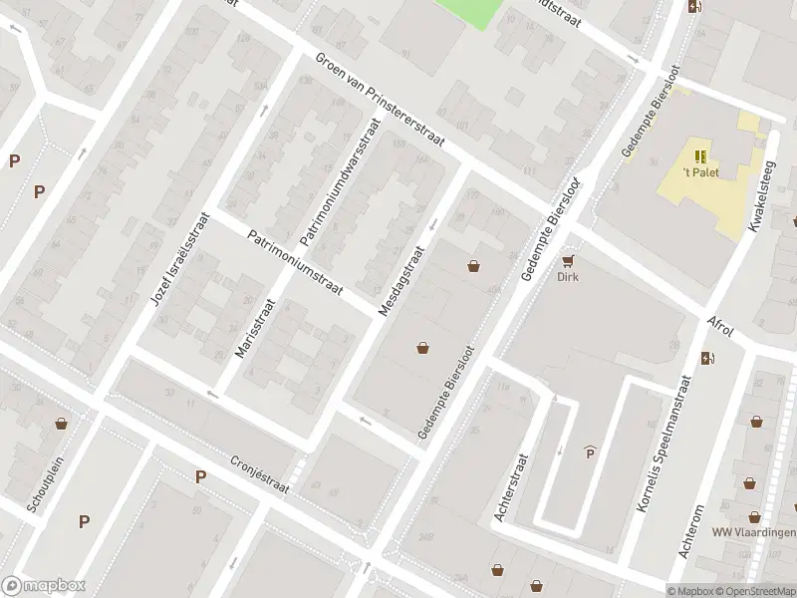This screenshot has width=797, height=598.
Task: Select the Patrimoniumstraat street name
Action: pyautogui.click(x=295, y=264)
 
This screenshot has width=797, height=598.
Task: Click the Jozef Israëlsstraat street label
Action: pyautogui.click(x=179, y=259)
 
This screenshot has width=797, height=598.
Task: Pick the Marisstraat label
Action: pyautogui.click(x=252, y=330)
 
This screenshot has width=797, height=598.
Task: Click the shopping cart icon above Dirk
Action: pyautogui.click(x=568, y=261)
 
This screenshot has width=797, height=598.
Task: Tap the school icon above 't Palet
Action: pyautogui.click(x=700, y=155)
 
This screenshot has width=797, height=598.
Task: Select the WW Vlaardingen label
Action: pyautogui.click(x=753, y=532)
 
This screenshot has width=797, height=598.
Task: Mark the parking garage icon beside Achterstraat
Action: pyautogui.click(x=590, y=453)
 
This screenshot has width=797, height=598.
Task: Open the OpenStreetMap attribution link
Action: pyautogui.click(x=756, y=591)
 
